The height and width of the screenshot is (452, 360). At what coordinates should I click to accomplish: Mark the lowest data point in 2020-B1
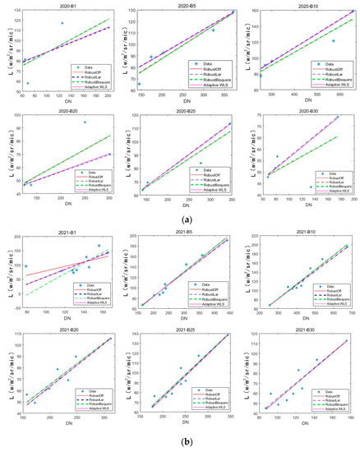(28, 83)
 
